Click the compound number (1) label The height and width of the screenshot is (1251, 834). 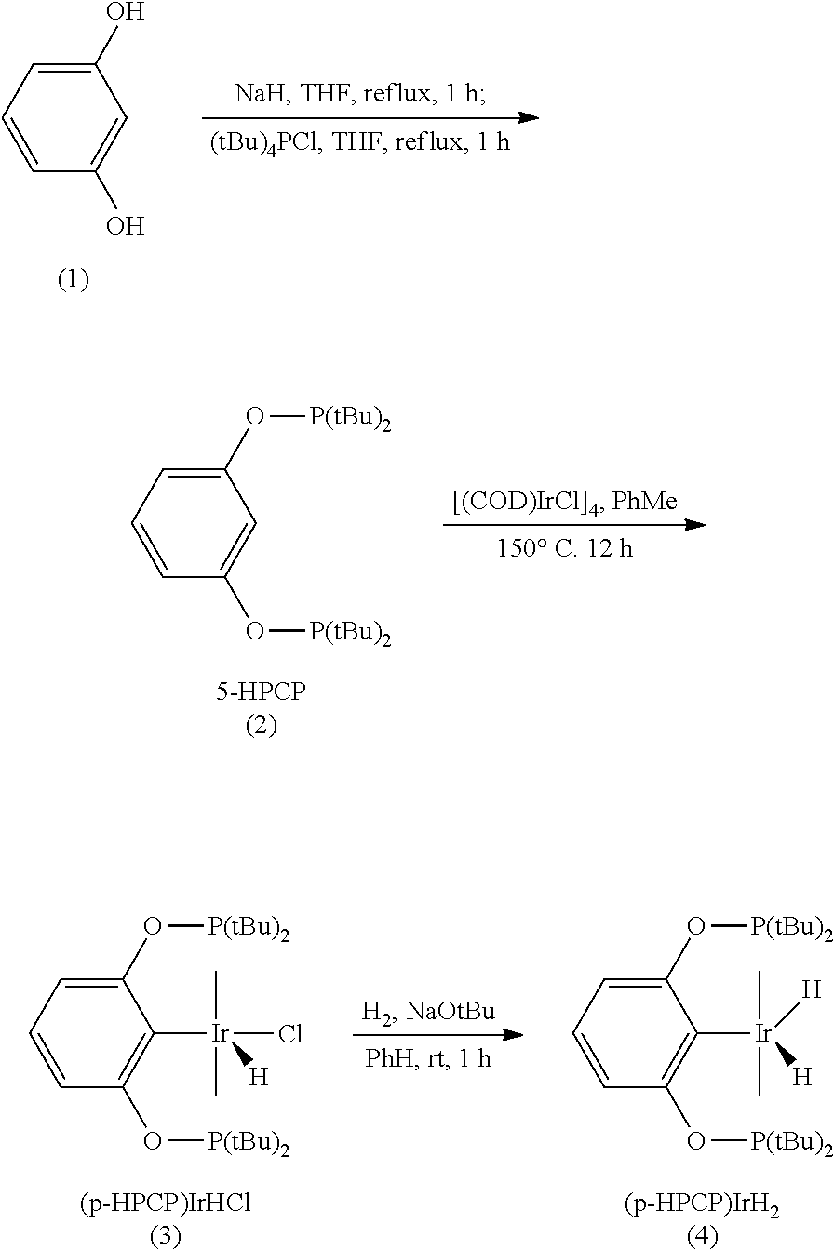[x=73, y=280]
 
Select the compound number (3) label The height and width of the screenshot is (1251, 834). [x=165, y=1235]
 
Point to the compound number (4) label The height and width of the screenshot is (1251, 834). [x=703, y=1235]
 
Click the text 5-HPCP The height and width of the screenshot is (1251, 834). [x=261, y=694]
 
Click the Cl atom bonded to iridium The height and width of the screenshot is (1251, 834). [x=291, y=1034]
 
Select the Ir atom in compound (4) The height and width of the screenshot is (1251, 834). [x=763, y=1034]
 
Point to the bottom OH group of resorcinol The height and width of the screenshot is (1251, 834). [x=125, y=226]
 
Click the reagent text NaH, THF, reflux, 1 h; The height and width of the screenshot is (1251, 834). [x=359, y=95]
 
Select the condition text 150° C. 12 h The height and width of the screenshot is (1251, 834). [x=565, y=548]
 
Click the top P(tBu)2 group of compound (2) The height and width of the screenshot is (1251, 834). [x=350, y=420]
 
